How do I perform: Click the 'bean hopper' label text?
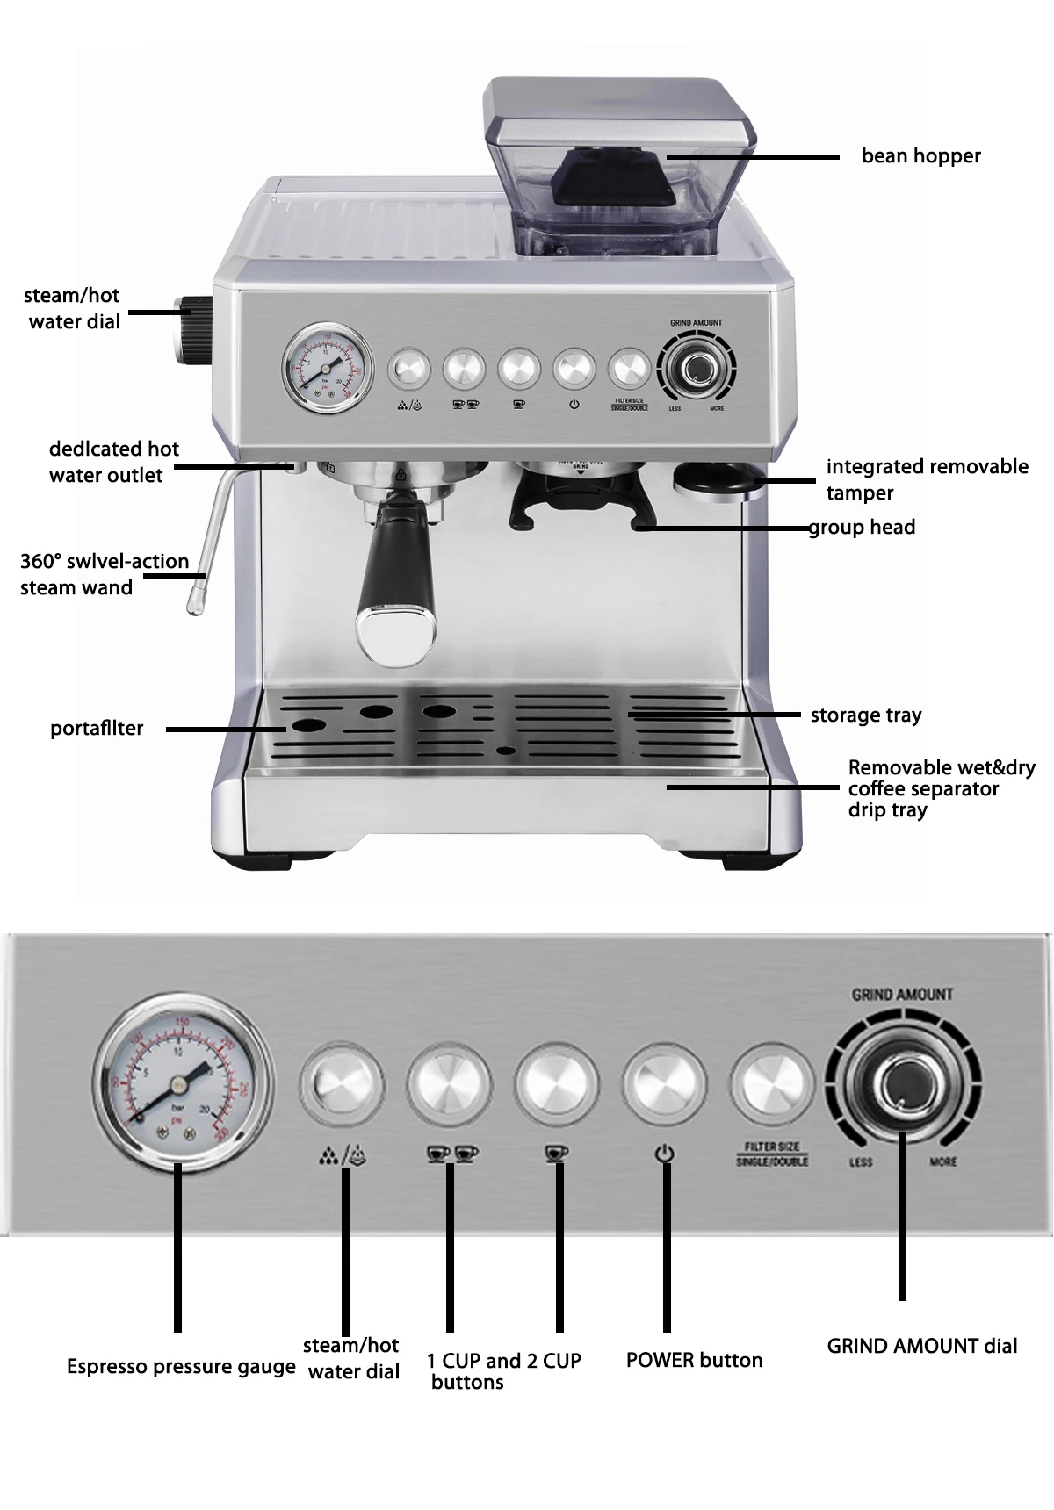(920, 156)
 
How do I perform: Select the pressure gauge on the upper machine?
(326, 370)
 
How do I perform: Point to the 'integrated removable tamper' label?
(927, 479)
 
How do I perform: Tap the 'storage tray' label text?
(866, 715)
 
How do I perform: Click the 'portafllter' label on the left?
(97, 729)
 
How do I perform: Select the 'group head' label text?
(863, 527)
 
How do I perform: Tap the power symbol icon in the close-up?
(665, 1154)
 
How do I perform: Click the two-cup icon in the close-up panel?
(452, 1154)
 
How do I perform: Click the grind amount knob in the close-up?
(901, 1082)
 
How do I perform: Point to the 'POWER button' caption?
(694, 1360)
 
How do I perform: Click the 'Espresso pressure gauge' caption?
(181, 1367)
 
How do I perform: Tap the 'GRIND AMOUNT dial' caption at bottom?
(922, 1346)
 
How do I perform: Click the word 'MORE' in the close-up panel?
(943, 1162)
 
